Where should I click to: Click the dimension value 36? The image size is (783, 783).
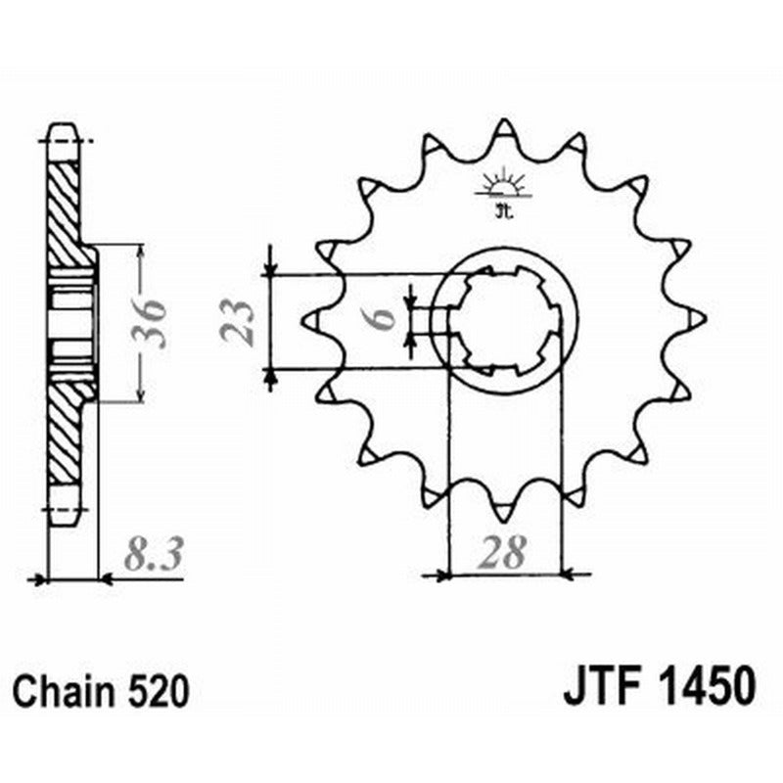tap(149, 322)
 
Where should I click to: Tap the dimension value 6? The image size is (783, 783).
tap(384, 318)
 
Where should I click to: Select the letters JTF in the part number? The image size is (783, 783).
tap(597, 684)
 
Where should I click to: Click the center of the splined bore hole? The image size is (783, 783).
tap(506, 319)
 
